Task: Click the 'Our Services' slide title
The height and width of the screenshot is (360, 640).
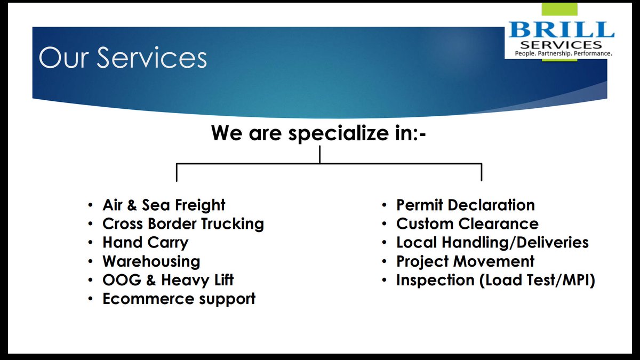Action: (x=123, y=58)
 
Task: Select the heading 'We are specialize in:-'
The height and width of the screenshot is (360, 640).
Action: (x=319, y=132)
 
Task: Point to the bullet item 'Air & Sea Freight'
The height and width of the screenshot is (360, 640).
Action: (x=164, y=205)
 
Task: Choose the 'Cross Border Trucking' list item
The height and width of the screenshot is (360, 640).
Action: (x=183, y=224)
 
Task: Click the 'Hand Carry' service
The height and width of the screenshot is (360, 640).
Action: (x=145, y=243)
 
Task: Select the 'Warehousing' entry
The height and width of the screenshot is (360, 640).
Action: (x=151, y=261)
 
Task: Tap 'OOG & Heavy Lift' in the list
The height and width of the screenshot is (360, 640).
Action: (x=168, y=280)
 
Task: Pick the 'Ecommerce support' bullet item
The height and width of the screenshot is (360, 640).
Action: (x=179, y=299)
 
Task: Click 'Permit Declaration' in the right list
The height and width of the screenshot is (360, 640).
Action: (x=465, y=205)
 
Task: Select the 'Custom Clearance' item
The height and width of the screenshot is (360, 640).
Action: (x=467, y=224)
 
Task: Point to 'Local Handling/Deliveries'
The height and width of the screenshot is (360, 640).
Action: (x=492, y=243)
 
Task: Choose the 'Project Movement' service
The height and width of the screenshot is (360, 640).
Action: (x=465, y=261)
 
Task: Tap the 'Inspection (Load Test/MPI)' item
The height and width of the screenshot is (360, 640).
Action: (x=495, y=280)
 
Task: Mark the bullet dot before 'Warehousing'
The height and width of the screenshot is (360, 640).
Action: (x=90, y=262)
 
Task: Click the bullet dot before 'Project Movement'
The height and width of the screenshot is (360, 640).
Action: (x=384, y=262)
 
